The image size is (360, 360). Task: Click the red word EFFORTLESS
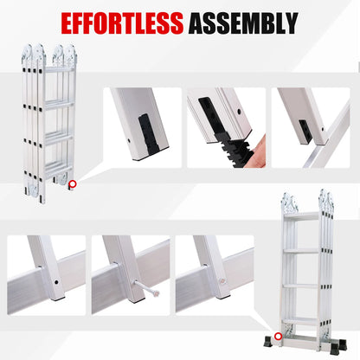pyautogui.click(x=122, y=23)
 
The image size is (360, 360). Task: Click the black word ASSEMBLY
pyautogui.click(x=244, y=23)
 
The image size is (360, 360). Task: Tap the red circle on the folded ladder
pyautogui.click(x=72, y=184)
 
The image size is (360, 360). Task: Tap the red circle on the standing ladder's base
pyautogui.click(x=278, y=336)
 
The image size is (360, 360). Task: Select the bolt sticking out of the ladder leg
pyautogui.click(x=147, y=288)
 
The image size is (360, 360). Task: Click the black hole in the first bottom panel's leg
pyautogui.click(x=56, y=282)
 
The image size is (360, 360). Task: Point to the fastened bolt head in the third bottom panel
pyautogui.click(x=222, y=280)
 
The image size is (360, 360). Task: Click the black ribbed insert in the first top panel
pyautogui.click(x=148, y=132)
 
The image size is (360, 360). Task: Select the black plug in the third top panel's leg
pyautogui.click(x=305, y=131)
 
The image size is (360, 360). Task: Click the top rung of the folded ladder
pyautogui.click(x=59, y=69)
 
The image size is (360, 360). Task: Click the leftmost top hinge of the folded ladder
pyautogui.click(x=27, y=55)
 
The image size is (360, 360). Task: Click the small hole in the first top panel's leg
pyautogui.click(x=129, y=141)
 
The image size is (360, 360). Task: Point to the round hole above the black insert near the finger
pyautogui.click(x=239, y=112)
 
